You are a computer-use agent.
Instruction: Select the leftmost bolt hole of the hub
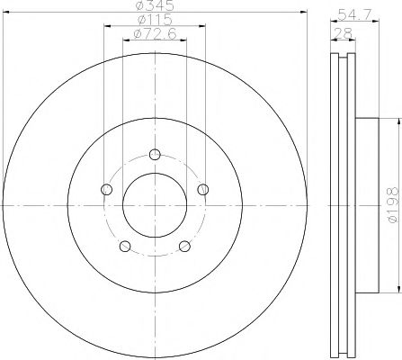tap(107, 189)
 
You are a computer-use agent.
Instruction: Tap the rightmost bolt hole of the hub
tap(203, 188)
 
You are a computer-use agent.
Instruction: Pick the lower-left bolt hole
tap(125, 247)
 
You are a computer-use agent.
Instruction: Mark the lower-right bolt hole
tap(184, 247)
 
